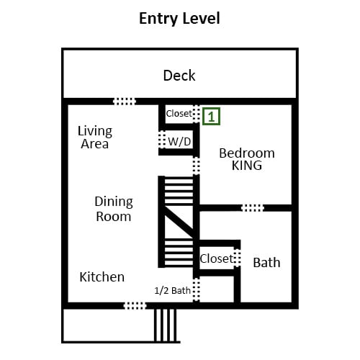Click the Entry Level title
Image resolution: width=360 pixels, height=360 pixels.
click(x=179, y=19)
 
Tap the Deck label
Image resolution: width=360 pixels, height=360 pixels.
click(x=179, y=76)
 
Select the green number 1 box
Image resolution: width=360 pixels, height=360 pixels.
click(x=211, y=117)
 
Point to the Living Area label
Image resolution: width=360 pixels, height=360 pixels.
click(x=95, y=138)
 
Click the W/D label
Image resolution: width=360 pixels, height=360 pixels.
click(x=179, y=141)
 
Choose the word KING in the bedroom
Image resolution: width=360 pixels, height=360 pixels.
click(x=247, y=166)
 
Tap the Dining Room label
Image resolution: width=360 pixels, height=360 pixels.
click(x=114, y=209)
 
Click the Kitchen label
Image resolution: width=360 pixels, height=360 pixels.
click(x=102, y=277)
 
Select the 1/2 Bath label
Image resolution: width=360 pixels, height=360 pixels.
click(x=173, y=291)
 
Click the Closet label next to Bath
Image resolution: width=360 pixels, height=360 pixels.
click(x=217, y=258)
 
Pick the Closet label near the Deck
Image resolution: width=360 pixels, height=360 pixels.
click(x=179, y=114)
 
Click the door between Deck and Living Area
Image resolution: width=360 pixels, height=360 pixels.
click(x=125, y=102)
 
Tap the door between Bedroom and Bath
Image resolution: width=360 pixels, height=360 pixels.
click(x=253, y=208)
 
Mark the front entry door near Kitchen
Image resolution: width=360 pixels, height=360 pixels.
click(x=135, y=306)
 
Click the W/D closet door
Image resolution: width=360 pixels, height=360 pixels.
click(x=162, y=139)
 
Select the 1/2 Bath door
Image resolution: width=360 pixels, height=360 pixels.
click(x=197, y=290)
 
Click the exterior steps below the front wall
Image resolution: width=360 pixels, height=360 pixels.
click(x=165, y=325)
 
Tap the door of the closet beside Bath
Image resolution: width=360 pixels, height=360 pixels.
click(x=237, y=258)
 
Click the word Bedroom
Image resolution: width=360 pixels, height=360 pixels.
click(x=247, y=153)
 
